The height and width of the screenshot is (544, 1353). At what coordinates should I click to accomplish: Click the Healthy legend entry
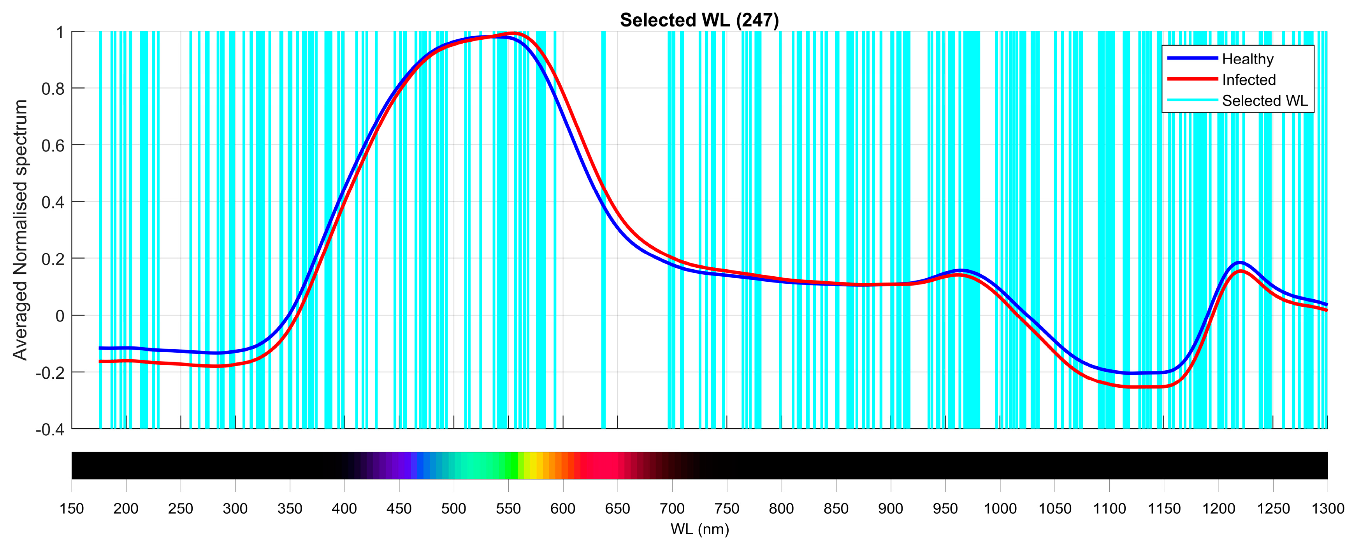coord(1248,59)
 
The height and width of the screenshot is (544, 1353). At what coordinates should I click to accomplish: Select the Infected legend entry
coord(1248,80)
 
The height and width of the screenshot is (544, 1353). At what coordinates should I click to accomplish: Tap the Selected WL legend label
coord(1265,101)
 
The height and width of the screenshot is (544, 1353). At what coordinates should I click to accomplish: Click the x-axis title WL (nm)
coord(699,529)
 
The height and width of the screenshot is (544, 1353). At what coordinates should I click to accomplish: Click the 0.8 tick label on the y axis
coord(53,89)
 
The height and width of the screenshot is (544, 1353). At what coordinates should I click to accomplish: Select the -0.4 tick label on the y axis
coord(49,429)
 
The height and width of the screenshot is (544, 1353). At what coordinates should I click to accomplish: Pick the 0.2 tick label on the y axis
coord(53,259)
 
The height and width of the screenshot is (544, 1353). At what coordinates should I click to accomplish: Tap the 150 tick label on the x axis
coord(72,509)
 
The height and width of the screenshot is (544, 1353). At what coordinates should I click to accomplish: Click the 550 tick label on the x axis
coord(508,509)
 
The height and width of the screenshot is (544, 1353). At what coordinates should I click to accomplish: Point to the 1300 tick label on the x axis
coord(1327,509)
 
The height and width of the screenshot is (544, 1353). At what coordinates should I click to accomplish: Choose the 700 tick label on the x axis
coord(672,509)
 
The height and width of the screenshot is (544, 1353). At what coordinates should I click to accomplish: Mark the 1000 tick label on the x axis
coord(1000,509)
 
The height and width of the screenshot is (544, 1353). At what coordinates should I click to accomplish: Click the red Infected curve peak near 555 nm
coord(514,34)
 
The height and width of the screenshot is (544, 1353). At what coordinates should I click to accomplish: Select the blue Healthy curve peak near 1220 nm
coord(1240,262)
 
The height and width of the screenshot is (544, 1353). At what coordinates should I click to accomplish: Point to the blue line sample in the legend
coord(1192,58)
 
